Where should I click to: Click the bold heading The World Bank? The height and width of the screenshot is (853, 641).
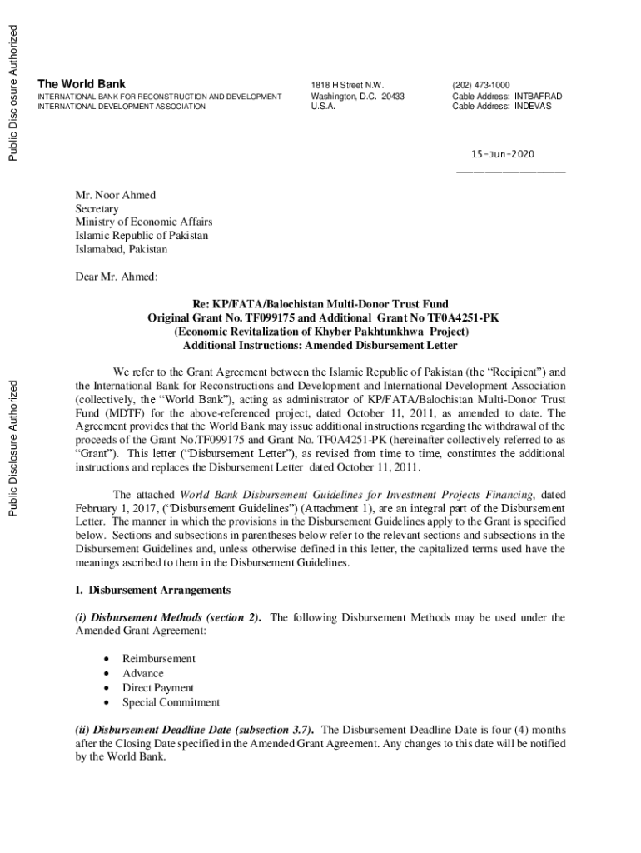pos(82,84)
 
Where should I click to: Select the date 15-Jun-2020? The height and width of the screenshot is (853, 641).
pos(503,155)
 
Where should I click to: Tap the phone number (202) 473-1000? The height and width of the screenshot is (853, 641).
pos(481,85)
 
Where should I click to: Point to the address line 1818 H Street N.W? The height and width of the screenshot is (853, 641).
pos(347,85)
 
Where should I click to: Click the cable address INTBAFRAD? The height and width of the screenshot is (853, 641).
pos(538,96)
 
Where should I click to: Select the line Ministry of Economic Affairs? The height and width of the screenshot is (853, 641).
pos(143,222)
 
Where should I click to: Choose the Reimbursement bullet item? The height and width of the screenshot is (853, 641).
pos(159,659)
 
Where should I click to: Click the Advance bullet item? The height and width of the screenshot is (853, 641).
pos(143,673)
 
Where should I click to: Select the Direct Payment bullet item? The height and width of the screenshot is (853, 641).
pos(158,687)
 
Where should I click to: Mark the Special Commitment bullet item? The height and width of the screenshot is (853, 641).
pos(171,702)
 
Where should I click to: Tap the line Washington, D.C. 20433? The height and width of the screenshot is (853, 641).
pos(357,96)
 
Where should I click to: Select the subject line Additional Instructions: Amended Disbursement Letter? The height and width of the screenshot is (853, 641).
pos(320,346)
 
